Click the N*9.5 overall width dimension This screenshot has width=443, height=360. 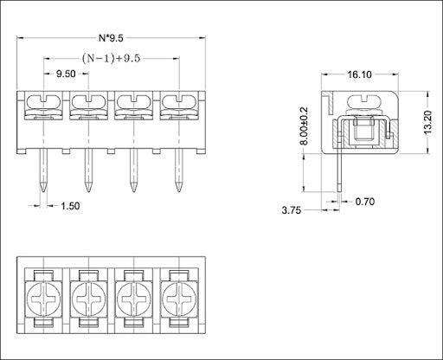click(x=111, y=38)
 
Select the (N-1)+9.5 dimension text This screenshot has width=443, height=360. click(x=111, y=59)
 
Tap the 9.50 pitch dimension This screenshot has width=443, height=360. click(x=66, y=74)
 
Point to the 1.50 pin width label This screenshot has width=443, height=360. click(x=70, y=206)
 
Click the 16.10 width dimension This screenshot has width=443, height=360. click(x=359, y=74)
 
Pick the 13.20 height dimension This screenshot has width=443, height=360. click(x=428, y=122)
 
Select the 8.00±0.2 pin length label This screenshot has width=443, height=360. click(x=304, y=125)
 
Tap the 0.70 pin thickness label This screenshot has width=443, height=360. click(x=365, y=202)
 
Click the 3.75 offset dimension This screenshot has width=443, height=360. click(x=292, y=210)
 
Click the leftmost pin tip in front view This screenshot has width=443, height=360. click(x=43, y=190)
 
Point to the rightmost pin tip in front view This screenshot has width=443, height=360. click(x=179, y=190)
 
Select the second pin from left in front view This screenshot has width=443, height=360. click(x=88, y=170)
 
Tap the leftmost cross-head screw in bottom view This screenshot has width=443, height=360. click(x=43, y=299)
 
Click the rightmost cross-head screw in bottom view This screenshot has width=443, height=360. click(x=179, y=299)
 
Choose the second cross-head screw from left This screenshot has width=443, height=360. click(x=88, y=299)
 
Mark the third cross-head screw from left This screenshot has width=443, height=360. click(x=133, y=299)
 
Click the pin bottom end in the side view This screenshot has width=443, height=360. click(x=340, y=191)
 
